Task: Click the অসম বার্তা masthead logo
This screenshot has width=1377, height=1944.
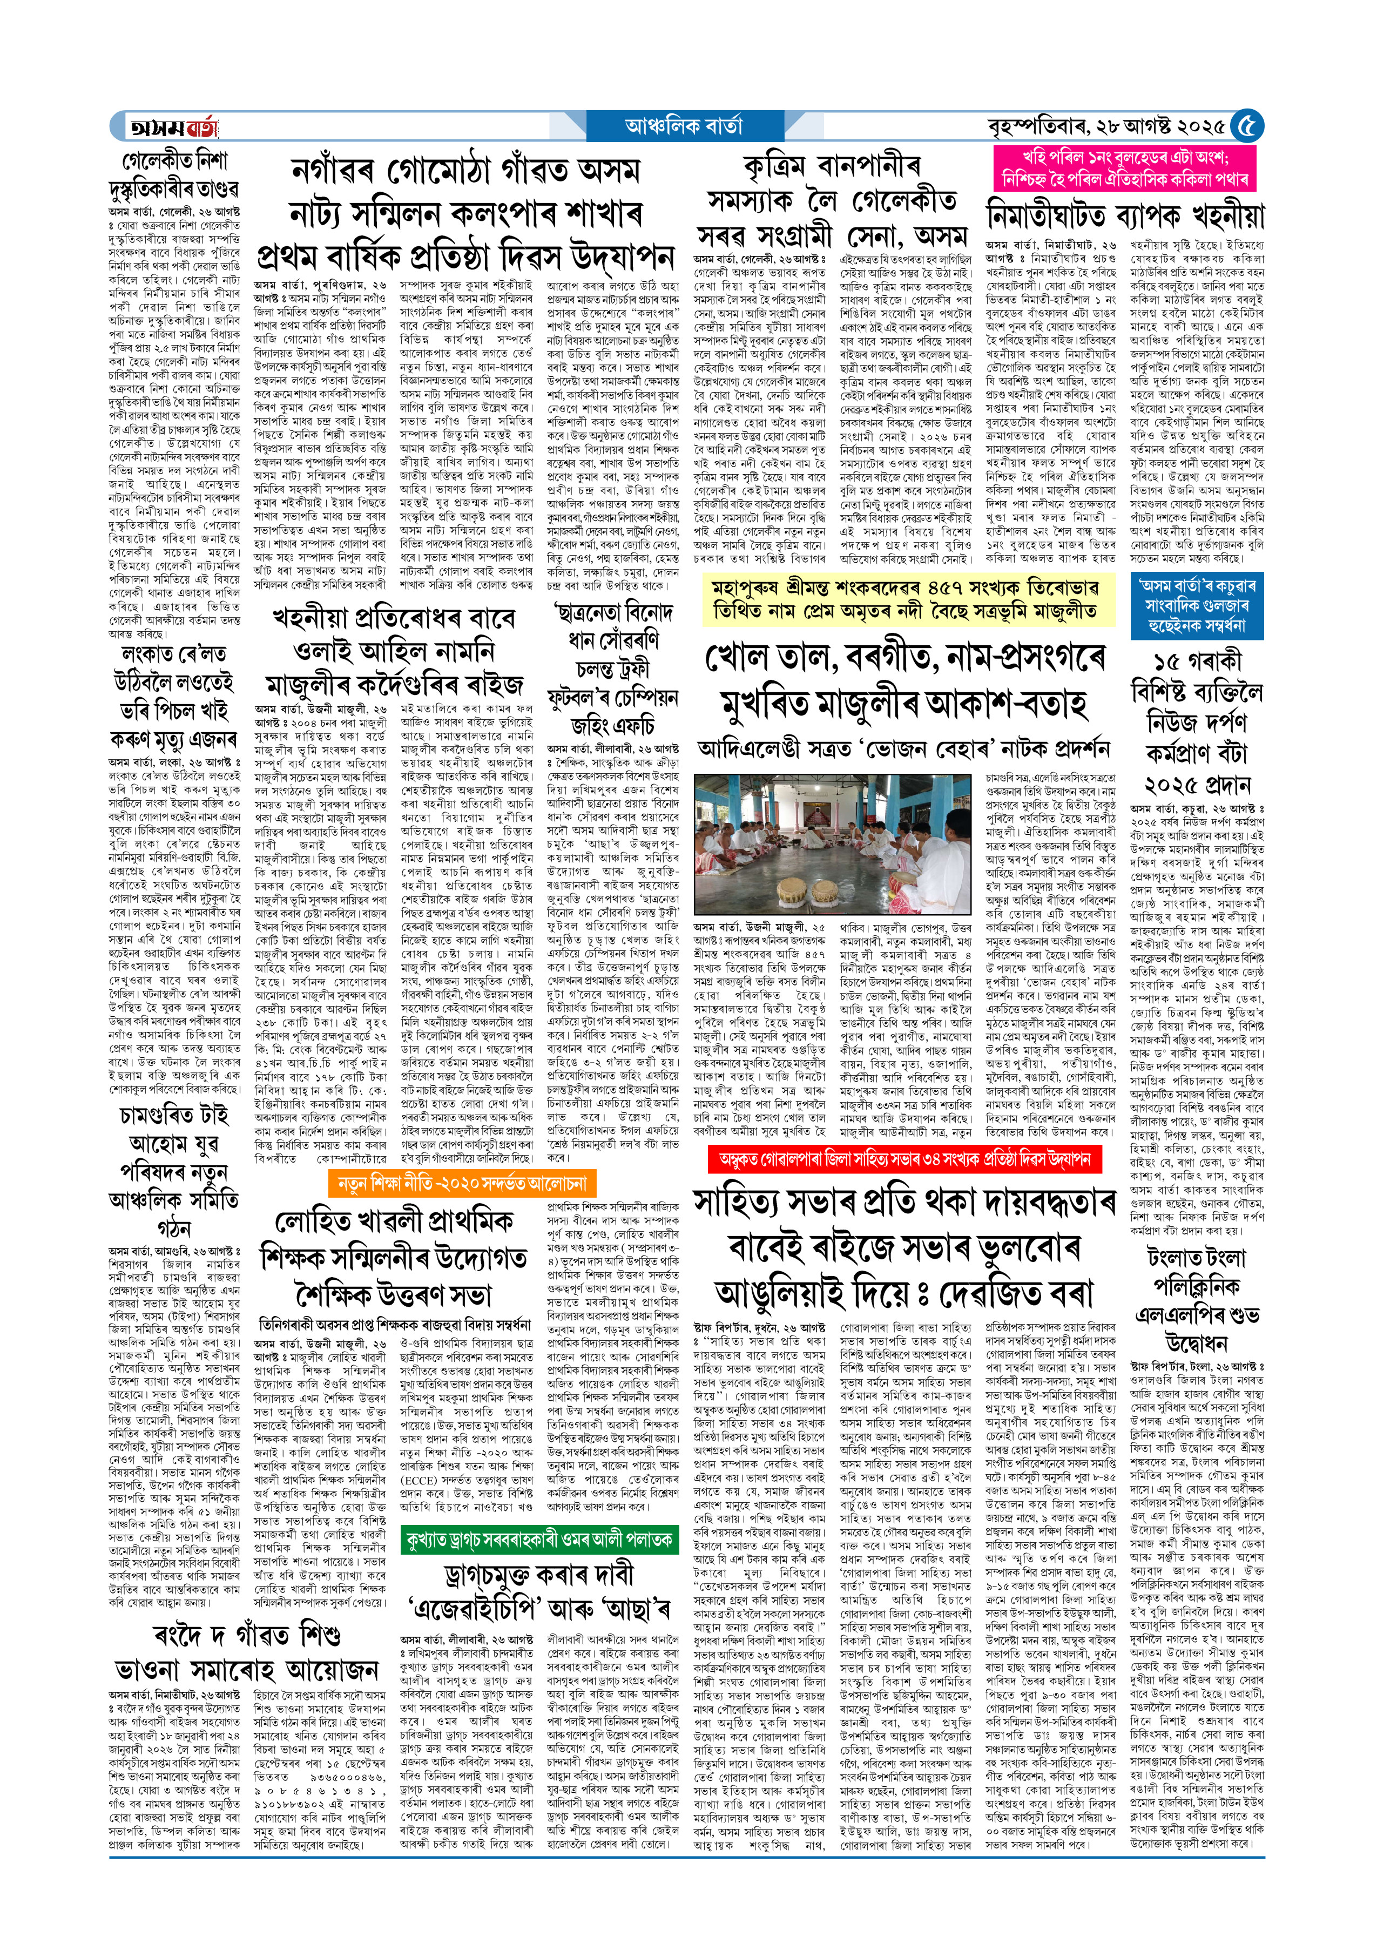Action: coord(173,127)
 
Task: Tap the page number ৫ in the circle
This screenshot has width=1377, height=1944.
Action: coord(1246,127)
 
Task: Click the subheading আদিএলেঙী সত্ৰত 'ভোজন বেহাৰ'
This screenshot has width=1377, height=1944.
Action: coord(904,748)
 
